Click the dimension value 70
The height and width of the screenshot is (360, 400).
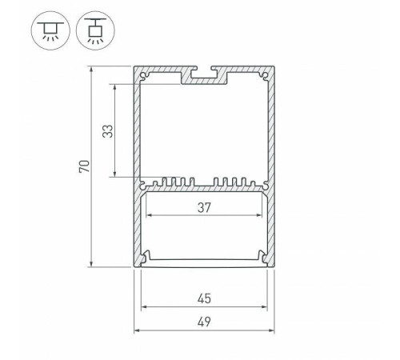82,167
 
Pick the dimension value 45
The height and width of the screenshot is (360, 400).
203,298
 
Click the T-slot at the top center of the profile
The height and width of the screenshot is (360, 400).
204,77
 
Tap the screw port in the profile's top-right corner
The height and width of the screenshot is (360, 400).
264,78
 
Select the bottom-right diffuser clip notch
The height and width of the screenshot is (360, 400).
262,258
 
